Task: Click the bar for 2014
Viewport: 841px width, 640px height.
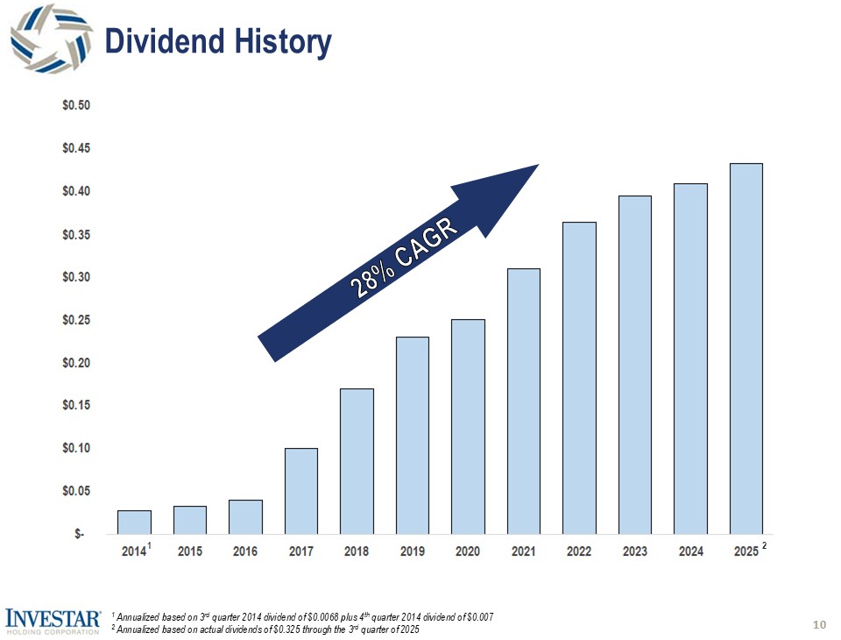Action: [134, 522]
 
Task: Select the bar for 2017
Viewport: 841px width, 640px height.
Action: [301, 491]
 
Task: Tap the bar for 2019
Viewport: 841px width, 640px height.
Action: [413, 435]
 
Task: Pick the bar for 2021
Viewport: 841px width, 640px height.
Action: [524, 401]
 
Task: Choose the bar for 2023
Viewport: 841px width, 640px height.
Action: [635, 365]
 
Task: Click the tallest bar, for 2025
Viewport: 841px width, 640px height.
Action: [746, 348]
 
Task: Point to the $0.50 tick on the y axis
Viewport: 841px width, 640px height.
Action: [77, 105]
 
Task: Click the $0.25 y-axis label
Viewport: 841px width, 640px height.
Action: [77, 320]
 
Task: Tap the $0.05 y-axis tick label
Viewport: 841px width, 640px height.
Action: [77, 491]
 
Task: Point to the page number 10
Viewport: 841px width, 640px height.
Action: [820, 624]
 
